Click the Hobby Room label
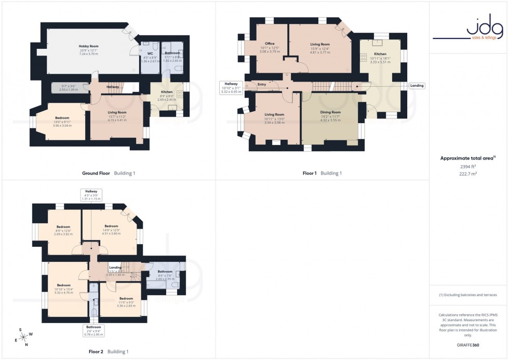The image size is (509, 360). pos(89,46)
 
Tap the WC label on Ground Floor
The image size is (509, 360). pos(150,53)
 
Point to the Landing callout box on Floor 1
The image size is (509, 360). pos(417,86)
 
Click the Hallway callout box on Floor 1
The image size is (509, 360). pos(231,87)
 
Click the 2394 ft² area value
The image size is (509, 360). pos(468,166)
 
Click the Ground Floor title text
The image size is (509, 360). pos(96,174)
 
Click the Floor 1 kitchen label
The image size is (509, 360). pos(380,54)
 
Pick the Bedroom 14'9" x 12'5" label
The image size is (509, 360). pos(111,226)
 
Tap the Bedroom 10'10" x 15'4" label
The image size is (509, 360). pos(63,285)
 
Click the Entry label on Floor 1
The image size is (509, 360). pos(261,84)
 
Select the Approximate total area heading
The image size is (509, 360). pos(467,158)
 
